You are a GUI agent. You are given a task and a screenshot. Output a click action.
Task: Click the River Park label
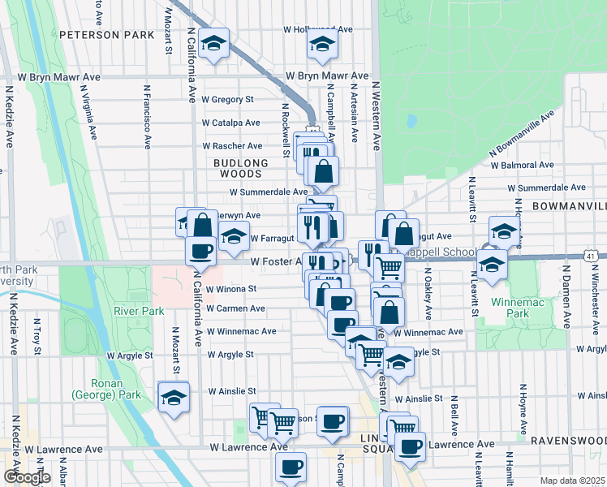pos(139,311)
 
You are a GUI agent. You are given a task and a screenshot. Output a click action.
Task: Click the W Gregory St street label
pos(228,99)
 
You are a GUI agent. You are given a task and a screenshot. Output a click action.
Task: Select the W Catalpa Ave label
pos(231,123)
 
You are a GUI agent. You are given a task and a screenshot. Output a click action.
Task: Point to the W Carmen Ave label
pos(235,308)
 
